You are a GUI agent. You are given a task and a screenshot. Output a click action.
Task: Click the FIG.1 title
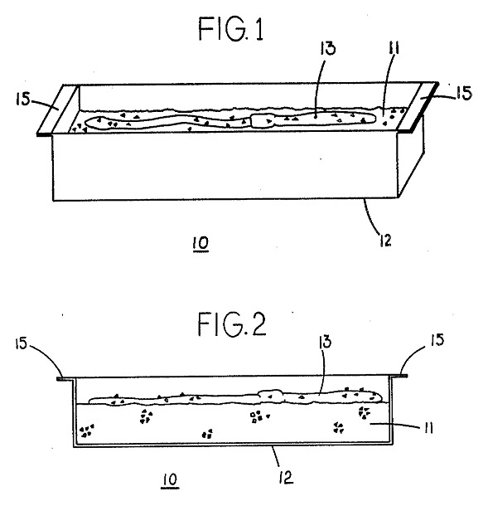(x=231, y=29)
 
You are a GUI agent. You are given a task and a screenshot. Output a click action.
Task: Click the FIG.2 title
(x=232, y=324)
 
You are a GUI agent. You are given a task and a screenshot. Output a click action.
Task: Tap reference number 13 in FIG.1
(x=328, y=48)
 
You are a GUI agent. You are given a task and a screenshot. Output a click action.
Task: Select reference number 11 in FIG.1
(x=394, y=48)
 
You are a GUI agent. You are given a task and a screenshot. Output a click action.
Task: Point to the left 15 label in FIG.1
(x=22, y=99)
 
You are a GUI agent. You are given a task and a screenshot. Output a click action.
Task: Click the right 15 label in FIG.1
(x=464, y=93)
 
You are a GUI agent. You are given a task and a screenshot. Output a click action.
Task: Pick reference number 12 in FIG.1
(x=385, y=240)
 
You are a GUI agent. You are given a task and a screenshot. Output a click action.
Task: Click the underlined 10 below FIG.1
(x=201, y=243)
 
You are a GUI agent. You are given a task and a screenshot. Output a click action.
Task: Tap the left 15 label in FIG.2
(x=21, y=343)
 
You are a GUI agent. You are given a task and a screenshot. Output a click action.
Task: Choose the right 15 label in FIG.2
(x=437, y=340)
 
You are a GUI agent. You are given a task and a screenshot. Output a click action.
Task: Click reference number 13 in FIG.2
(x=325, y=342)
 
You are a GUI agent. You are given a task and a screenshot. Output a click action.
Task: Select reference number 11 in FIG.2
(x=428, y=428)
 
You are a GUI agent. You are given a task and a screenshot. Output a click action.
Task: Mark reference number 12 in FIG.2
(x=287, y=477)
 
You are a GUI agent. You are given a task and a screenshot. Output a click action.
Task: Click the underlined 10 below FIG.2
(x=170, y=479)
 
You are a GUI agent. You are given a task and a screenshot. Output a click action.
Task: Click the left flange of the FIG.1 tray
(x=58, y=109)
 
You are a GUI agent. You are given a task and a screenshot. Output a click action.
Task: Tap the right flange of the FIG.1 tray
(x=418, y=107)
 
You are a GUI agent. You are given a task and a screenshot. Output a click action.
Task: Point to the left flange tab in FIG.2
(x=66, y=378)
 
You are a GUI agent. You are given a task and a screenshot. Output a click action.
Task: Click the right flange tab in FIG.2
(x=399, y=376)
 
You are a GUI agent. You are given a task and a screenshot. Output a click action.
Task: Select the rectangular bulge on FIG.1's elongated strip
(x=263, y=121)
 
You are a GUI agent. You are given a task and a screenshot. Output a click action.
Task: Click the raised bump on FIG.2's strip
(x=270, y=395)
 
